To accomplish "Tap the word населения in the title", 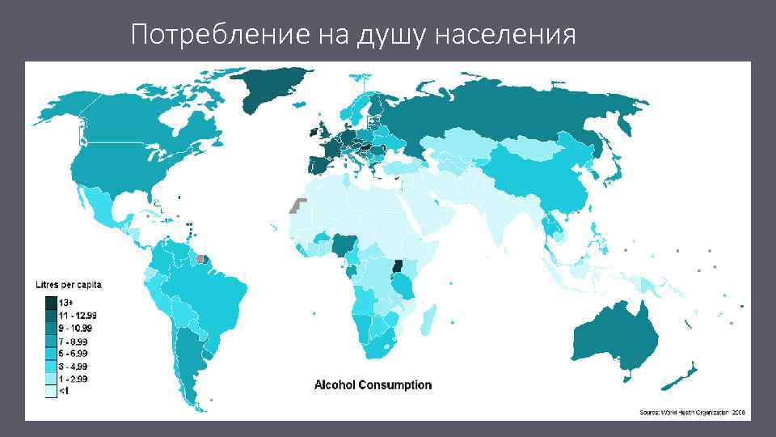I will coord(505,35).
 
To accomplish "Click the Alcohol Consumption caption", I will coord(373,385).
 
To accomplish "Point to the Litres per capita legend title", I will coord(68,285).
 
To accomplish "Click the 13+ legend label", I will coord(65,303).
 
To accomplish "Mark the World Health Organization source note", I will coord(693,412).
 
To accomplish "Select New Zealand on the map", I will coord(681,375).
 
